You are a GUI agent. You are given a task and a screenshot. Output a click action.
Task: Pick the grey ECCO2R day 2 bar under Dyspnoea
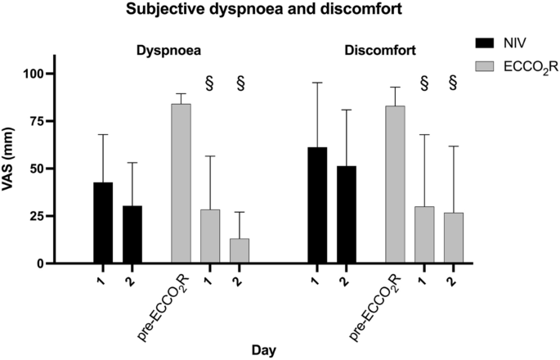pos(240,251)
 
